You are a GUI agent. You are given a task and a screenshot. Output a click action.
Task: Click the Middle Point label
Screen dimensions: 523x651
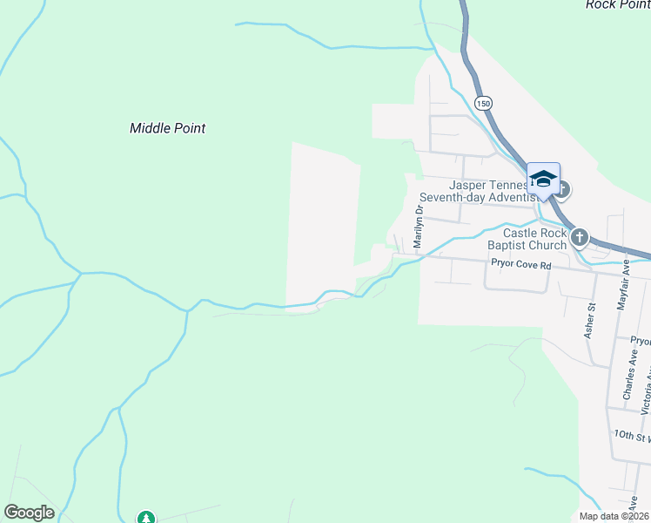click(167, 128)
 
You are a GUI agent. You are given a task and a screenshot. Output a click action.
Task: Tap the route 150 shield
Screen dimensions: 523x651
click(483, 103)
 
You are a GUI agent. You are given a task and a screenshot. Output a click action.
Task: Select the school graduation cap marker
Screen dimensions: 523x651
click(543, 179)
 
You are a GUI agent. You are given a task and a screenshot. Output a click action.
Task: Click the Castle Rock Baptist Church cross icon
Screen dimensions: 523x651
click(580, 236)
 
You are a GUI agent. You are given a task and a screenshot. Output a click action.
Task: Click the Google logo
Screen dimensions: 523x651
click(29, 513)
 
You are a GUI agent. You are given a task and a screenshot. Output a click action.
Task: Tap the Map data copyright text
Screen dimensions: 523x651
click(614, 516)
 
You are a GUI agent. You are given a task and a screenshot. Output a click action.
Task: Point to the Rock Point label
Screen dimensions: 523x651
click(617, 4)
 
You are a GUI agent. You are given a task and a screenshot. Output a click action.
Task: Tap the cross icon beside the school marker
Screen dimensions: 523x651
click(562, 188)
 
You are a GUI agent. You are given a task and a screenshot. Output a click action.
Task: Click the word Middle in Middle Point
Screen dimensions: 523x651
click(149, 128)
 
